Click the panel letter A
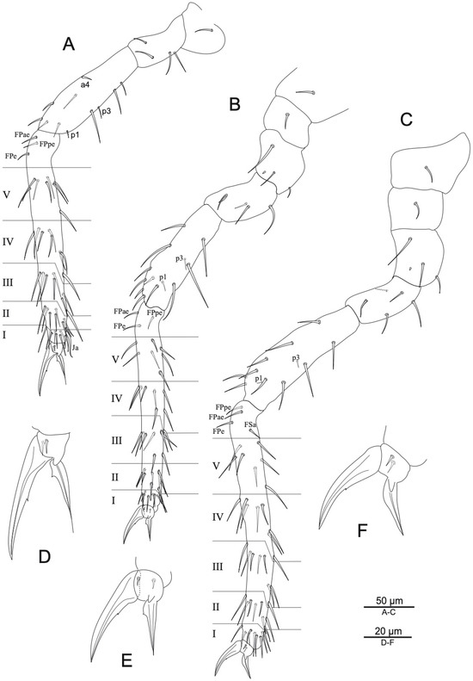(69, 44)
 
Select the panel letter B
(235, 104)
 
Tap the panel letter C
(406, 120)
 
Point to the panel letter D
(45, 556)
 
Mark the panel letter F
(362, 530)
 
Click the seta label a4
(85, 85)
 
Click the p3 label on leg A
(107, 112)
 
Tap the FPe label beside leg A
(11, 155)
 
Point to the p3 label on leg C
(296, 358)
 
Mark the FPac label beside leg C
(216, 417)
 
